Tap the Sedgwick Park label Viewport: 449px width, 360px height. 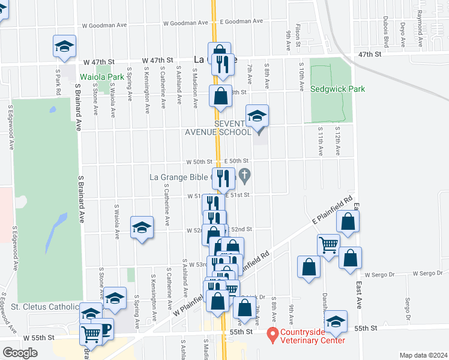[x=337, y=89]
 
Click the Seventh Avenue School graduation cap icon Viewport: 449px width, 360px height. [x=257, y=115]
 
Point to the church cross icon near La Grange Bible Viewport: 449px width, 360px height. [x=244, y=176]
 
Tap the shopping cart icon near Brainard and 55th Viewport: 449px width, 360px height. [x=91, y=333]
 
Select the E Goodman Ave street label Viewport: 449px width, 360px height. [x=241, y=21]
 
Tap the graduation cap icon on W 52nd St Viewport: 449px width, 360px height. [x=142, y=227]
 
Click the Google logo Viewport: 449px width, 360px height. [x=20, y=353]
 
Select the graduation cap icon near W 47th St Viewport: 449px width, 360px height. [x=65, y=46]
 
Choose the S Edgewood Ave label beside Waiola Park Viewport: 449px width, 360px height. [x=10, y=125]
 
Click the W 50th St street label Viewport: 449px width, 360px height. [x=200, y=161]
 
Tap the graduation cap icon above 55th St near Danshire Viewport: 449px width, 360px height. [x=336, y=320]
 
